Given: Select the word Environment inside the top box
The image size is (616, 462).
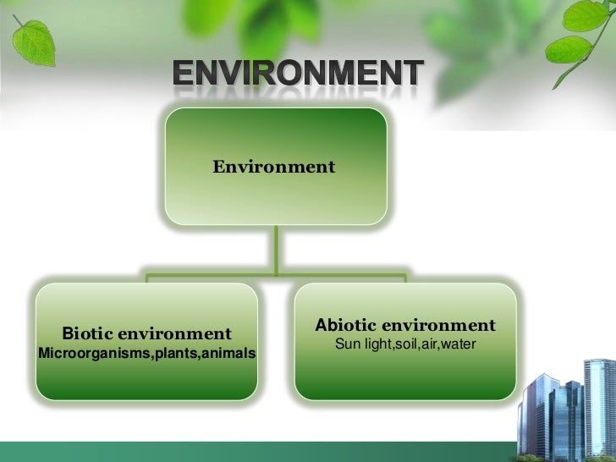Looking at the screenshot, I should [x=273, y=167].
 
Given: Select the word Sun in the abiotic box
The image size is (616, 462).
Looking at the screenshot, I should [x=347, y=344].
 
